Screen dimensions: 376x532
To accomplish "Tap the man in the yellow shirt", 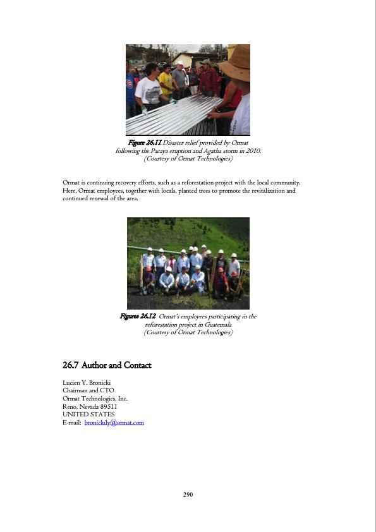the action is pyautogui.click(x=166, y=80).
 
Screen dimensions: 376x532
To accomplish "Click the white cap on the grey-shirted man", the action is pyautogui.click(x=179, y=63).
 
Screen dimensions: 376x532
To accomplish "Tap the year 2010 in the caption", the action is pyautogui.click(x=253, y=151).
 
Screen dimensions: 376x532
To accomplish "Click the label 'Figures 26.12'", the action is pyautogui.click(x=138, y=316).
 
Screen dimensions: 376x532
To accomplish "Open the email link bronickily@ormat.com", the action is pyautogui.click(x=114, y=422).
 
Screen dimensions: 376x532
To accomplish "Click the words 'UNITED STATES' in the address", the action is pyautogui.click(x=88, y=414).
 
